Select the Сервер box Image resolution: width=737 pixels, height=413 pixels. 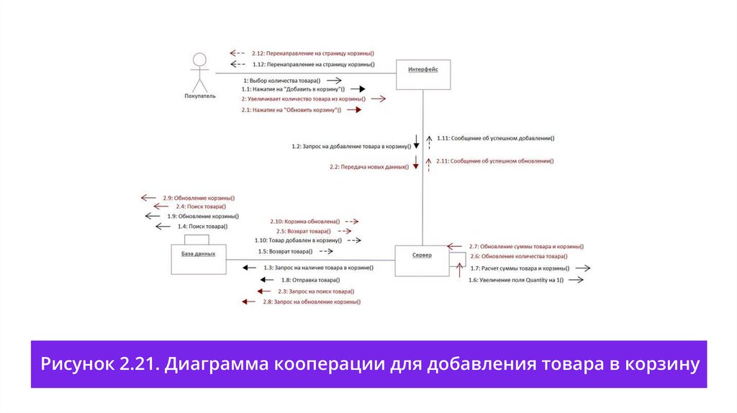pyautogui.click(x=422, y=260)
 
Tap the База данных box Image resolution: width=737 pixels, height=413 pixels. pyautogui.click(x=198, y=258)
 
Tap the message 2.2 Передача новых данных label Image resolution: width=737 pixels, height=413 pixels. pyautogui.click(x=368, y=166)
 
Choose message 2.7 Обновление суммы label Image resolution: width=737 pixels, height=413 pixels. pyautogui.click(x=526, y=246)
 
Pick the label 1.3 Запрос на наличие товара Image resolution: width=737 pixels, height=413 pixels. pyautogui.click(x=318, y=268)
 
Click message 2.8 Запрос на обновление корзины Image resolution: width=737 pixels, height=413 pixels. pyautogui.click(x=312, y=302)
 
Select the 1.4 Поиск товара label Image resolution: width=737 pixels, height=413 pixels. pyautogui.click(x=202, y=227)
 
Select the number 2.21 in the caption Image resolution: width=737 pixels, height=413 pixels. pyautogui.click(x=137, y=364)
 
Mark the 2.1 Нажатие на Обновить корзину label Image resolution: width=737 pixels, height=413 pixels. pyautogui.click(x=291, y=110)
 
